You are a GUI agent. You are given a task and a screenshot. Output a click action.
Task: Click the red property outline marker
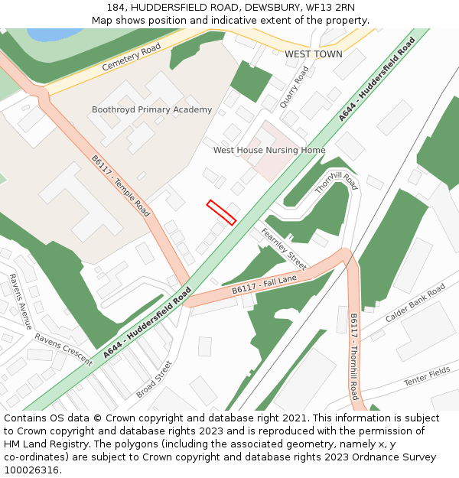click(x=221, y=212)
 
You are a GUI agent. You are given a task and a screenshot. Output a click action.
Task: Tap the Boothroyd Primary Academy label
click(x=151, y=109)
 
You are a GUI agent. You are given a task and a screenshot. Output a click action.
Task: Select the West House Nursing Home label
click(x=269, y=151)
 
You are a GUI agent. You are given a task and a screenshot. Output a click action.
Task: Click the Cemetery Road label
click(x=131, y=57)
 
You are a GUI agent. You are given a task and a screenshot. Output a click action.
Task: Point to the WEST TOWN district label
click(x=314, y=55)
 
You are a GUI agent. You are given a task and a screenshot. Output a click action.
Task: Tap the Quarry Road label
click(x=295, y=86)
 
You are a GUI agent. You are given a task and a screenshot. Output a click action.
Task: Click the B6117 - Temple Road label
click(x=121, y=186)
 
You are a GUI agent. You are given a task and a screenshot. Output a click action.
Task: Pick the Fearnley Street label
click(x=283, y=249)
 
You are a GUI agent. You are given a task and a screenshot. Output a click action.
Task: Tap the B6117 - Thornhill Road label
click(x=353, y=356)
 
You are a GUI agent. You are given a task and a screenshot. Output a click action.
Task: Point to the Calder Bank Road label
click(x=415, y=303)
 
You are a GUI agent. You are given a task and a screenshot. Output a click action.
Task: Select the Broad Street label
click(x=155, y=379)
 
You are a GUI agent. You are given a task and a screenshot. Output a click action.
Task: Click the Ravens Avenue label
click(x=21, y=301)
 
